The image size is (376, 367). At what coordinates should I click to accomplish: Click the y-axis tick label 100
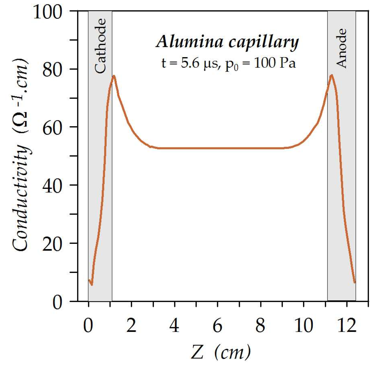48,12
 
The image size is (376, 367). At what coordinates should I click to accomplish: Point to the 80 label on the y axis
52,70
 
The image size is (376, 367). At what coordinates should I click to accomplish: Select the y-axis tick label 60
52,128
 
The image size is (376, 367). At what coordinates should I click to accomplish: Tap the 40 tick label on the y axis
52,186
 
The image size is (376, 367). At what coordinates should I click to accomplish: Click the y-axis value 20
52,244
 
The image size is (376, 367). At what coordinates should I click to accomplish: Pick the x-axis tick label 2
131,326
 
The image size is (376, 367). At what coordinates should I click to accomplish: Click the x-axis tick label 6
217,326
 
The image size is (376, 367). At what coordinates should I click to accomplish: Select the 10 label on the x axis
304,326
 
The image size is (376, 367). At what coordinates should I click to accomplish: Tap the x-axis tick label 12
347,326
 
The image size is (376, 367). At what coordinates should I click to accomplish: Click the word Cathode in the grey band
100,46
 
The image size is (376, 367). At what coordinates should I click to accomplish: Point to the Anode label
341,48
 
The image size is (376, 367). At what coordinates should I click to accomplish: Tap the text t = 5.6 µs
190,64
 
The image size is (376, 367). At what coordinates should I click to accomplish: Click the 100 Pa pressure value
275,63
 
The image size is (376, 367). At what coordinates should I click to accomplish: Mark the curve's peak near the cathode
114,76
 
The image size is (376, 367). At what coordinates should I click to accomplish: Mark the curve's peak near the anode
332,75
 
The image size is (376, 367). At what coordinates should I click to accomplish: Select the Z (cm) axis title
221,352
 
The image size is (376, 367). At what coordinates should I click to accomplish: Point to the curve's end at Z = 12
354,282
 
